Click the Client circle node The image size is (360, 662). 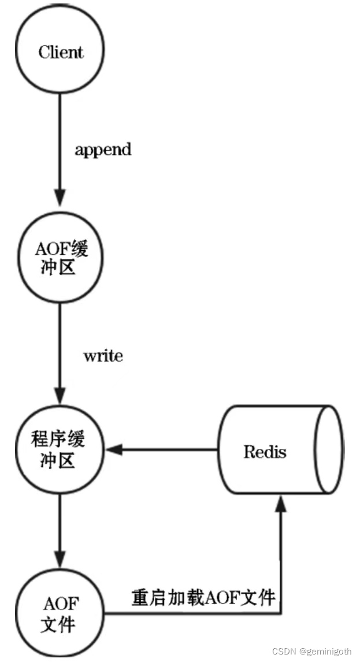pos(61,52)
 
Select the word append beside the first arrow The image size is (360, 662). pos(103,149)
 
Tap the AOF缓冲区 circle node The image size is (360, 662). pos(61,259)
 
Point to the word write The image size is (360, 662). pos(103,356)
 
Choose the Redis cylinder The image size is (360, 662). pos(277,450)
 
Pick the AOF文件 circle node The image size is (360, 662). pos(61,613)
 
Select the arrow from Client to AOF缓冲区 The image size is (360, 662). pos(61,144)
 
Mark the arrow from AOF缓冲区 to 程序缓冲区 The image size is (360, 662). pos(61,347)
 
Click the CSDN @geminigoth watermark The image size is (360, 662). pos(312,651)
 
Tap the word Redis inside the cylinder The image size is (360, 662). pos(265,451)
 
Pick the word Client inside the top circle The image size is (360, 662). pos(61,52)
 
